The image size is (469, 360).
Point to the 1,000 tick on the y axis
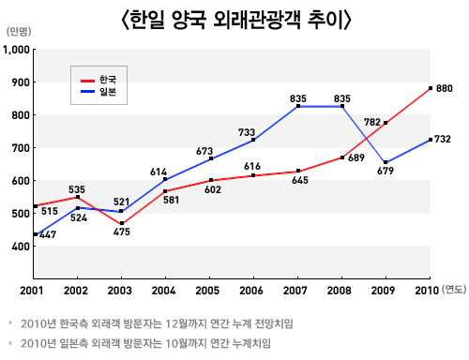[x=16, y=50]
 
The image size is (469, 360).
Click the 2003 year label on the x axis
[x=121, y=292]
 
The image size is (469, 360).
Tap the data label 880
[x=445, y=88]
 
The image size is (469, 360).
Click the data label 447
[x=48, y=234]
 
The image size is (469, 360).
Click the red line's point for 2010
[x=430, y=88]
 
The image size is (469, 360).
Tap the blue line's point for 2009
[x=386, y=162]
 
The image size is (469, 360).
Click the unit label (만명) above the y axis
[x=19, y=31]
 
